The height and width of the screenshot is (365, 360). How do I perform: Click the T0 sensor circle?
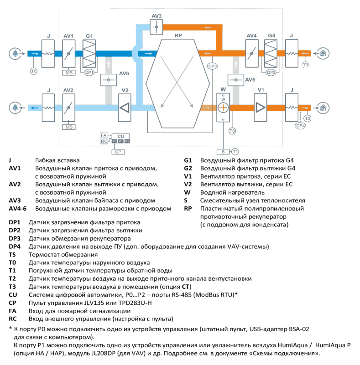click(x=34, y=71)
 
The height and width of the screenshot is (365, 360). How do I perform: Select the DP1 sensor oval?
click(x=89, y=72)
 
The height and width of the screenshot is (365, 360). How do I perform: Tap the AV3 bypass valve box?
click(x=156, y=27)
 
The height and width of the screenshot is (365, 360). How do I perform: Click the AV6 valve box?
click(x=109, y=80)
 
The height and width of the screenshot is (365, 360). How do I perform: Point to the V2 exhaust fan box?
click(x=125, y=108)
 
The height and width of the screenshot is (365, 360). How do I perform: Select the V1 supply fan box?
click(x=260, y=108)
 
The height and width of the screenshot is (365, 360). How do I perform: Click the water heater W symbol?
click(x=223, y=108)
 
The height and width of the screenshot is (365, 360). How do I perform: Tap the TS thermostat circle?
click(x=232, y=131)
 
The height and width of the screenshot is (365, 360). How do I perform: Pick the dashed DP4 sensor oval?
click(x=300, y=126)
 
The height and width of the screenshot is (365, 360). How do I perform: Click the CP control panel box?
click(x=118, y=152)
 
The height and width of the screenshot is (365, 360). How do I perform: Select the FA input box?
click(x=104, y=135)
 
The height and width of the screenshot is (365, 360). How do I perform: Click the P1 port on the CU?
click(x=121, y=141)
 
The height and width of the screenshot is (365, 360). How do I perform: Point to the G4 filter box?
click(x=271, y=53)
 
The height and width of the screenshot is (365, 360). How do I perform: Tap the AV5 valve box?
click(x=235, y=80)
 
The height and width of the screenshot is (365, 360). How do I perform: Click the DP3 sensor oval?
click(x=212, y=66)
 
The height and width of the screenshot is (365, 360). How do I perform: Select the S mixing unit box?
click(x=223, y=152)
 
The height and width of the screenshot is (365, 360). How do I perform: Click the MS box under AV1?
click(x=69, y=73)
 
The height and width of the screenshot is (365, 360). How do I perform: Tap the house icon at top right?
click(x=323, y=53)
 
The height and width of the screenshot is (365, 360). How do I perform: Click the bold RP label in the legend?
click(x=188, y=209)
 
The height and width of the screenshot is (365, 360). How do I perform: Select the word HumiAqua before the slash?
click(x=292, y=345)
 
